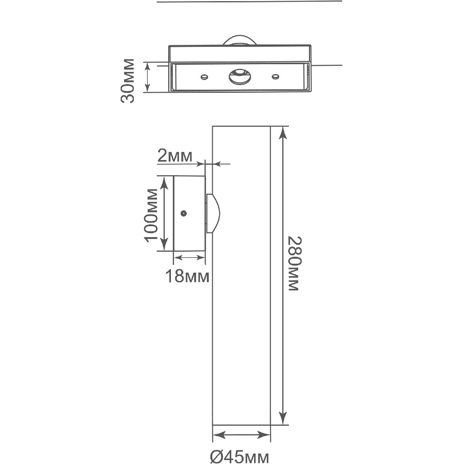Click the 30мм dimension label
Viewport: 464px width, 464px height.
[128, 80]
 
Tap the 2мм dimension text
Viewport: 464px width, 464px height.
[175, 157]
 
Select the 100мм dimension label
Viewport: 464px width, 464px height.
[151, 213]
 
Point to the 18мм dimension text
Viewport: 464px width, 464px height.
[187, 276]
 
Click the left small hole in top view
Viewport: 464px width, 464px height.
[203, 77]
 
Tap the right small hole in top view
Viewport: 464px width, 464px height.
[275, 77]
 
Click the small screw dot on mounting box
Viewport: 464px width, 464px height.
[184, 213]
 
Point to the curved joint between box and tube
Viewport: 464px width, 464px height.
[213, 213]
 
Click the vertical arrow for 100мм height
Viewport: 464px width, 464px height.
[164, 213]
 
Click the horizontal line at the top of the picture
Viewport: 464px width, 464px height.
[250, 1]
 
